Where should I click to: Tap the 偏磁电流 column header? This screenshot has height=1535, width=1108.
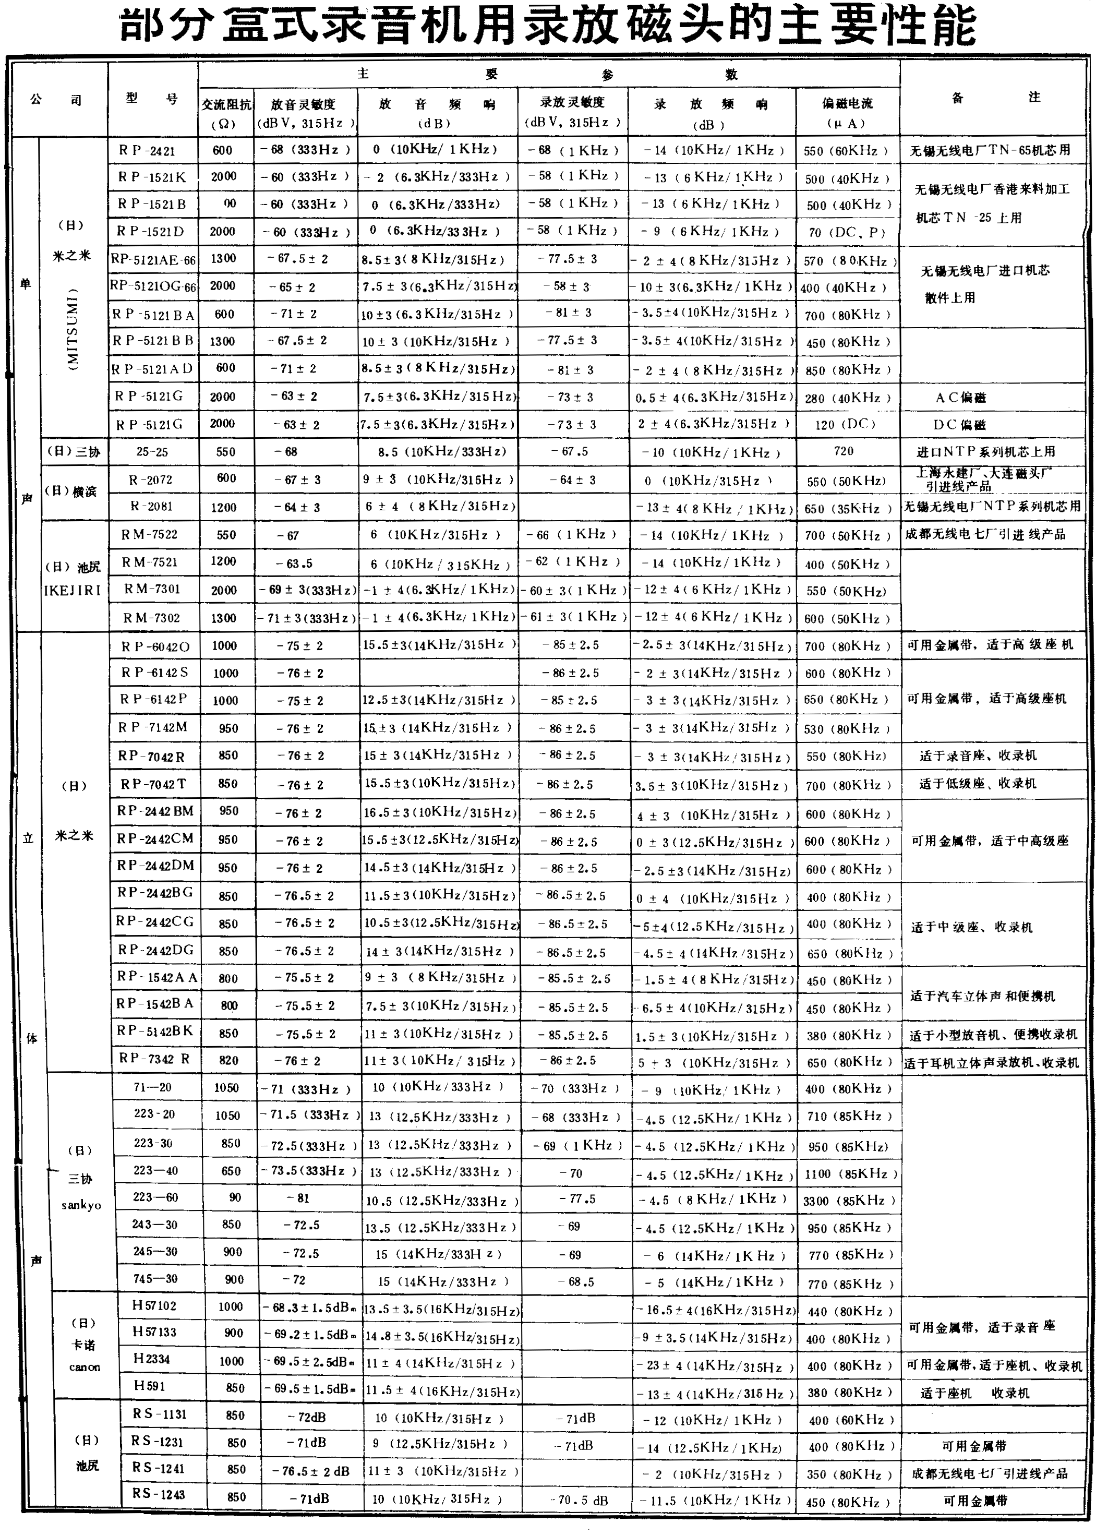[847, 112]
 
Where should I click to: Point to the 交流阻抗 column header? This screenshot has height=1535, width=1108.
[226, 112]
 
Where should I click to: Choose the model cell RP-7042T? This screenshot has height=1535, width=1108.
[153, 784]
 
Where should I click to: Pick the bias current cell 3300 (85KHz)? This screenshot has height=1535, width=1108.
[849, 1201]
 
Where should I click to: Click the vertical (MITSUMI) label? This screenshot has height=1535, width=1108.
[73, 328]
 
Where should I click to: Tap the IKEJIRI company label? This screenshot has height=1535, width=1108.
[73, 590]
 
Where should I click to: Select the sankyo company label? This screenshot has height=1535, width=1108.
[80, 1205]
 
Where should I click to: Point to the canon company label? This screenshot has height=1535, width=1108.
[85, 1367]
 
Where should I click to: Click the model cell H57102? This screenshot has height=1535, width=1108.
[154, 1305]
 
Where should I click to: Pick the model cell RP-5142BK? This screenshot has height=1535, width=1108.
[155, 1031]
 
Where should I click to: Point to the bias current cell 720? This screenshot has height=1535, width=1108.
[844, 451]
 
